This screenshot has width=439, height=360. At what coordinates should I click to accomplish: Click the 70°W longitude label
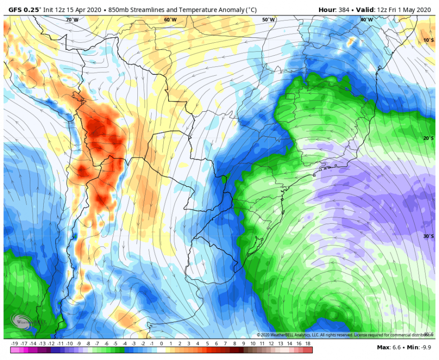click(x=72, y=20)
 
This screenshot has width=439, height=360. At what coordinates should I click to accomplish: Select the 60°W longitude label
click(x=170, y=20)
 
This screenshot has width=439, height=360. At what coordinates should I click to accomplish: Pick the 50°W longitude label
click(x=268, y=20)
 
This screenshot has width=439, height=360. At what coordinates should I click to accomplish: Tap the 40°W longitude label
click(x=366, y=20)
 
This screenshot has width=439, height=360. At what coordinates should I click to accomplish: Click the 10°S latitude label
click(x=428, y=40)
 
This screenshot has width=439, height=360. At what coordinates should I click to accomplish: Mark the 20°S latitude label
click(x=428, y=138)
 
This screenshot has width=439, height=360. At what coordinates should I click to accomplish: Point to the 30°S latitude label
click(x=428, y=236)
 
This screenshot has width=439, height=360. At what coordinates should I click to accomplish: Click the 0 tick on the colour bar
click(x=161, y=344)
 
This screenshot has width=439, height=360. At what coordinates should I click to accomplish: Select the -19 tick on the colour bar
click(x=14, y=344)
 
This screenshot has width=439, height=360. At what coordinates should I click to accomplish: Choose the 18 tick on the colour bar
click(x=308, y=344)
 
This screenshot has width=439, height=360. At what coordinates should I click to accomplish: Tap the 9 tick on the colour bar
click(x=244, y=344)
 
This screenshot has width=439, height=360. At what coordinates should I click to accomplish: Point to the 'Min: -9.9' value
click(x=419, y=347)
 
